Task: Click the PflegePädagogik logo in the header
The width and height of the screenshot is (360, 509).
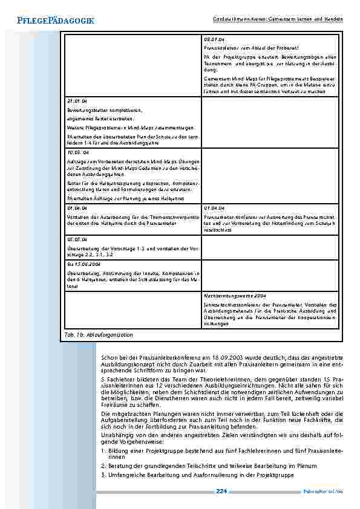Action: tap(48, 21)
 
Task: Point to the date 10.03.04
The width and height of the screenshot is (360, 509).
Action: tap(76, 153)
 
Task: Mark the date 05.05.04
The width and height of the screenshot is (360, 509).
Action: tap(75, 239)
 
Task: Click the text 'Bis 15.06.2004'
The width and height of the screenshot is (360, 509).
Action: tap(83, 264)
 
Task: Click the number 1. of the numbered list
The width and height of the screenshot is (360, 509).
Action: tap(104, 451)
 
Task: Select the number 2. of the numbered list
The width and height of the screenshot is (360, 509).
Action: tap(104, 466)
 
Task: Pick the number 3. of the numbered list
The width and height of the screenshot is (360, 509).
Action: tap(104, 475)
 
